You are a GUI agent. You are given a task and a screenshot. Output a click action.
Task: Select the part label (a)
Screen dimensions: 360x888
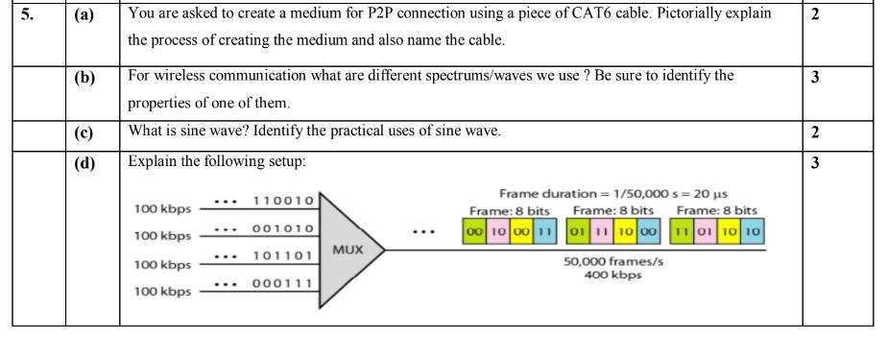86,16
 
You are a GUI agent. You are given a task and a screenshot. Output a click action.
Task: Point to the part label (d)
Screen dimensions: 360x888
86,164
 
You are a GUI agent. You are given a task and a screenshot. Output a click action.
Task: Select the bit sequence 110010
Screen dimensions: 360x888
282,201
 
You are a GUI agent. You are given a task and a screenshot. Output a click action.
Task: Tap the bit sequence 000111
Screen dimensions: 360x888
282,284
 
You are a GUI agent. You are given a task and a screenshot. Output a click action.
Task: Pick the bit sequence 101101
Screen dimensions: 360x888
282,256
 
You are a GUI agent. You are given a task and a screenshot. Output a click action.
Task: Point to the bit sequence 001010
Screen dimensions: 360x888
282,228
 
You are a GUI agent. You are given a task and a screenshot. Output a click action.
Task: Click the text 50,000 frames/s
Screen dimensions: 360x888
612,261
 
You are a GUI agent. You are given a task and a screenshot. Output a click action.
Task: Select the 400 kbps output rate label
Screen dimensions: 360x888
612,276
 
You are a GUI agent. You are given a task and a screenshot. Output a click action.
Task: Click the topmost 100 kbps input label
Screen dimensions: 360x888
162,208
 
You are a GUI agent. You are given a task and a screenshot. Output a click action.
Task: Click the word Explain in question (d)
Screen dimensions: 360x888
154,162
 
